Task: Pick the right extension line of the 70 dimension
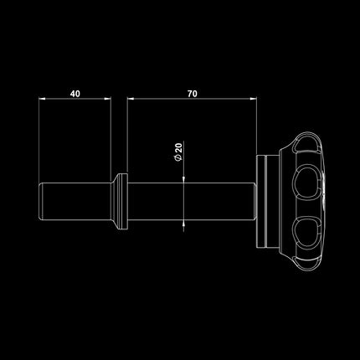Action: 255,126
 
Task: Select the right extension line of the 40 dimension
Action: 111,134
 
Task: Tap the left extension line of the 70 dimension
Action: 128,134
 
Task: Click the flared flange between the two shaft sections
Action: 121,201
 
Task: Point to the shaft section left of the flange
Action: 75,201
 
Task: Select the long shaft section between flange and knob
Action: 193,201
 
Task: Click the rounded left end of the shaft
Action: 39,201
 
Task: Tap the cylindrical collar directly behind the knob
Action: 265,201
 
